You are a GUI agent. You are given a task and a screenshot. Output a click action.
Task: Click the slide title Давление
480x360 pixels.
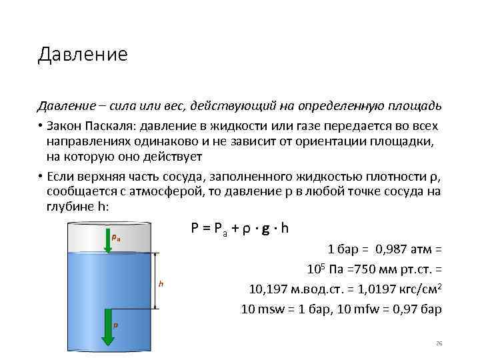click(82, 54)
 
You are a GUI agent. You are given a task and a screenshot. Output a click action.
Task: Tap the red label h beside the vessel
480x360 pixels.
click(161, 284)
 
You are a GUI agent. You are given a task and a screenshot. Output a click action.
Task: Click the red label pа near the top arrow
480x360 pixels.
click(116, 236)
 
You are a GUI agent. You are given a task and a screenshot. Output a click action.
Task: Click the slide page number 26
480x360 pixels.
click(439, 343)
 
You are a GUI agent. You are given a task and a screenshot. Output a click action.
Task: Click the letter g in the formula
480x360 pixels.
click(266, 228)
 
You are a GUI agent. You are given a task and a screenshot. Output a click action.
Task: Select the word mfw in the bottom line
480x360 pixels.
click(368, 309)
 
